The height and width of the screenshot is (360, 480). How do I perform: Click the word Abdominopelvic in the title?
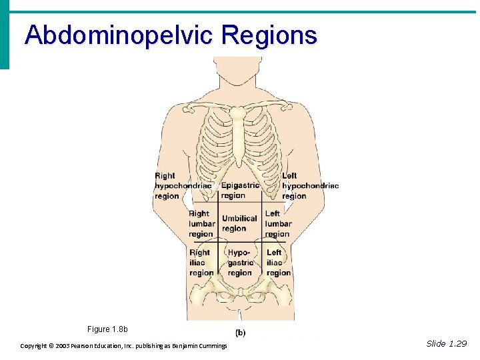pyautogui.click(x=121, y=35)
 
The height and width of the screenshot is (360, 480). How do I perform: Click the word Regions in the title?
pyautogui.click(x=270, y=35)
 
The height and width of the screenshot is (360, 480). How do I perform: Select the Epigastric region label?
pyautogui.click(x=240, y=191)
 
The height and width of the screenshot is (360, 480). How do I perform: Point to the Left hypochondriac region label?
pyautogui.click(x=309, y=186)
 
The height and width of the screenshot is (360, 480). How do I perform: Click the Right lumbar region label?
pyautogui.click(x=201, y=224)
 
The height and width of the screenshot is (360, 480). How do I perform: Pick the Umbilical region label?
pyautogui.click(x=239, y=223)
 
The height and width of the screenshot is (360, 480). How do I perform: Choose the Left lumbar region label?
pyautogui.click(x=277, y=224)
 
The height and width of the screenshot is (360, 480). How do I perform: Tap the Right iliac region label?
pyautogui.click(x=201, y=263)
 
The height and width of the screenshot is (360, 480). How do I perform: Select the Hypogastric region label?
pyautogui.click(x=239, y=263)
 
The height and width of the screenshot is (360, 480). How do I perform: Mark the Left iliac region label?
pyautogui.click(x=278, y=263)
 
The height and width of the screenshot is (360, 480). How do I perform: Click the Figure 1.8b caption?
pyautogui.click(x=107, y=329)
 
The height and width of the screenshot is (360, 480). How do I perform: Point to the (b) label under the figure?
pyautogui.click(x=239, y=333)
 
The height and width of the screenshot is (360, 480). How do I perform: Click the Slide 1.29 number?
pyautogui.click(x=447, y=343)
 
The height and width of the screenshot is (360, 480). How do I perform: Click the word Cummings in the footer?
pyautogui.click(x=211, y=346)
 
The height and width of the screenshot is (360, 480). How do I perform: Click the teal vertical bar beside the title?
pyautogui.click(x=5, y=37)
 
